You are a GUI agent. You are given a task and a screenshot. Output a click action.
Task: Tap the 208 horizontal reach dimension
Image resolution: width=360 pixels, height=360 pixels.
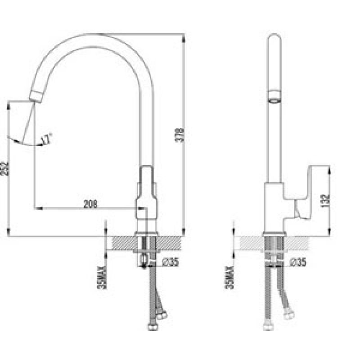tap(90, 204)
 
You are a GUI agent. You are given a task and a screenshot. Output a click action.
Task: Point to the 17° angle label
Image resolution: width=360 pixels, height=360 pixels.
tap(46, 139)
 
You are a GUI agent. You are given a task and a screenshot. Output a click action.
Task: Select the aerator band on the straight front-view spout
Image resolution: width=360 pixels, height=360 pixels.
tap(274, 95)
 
